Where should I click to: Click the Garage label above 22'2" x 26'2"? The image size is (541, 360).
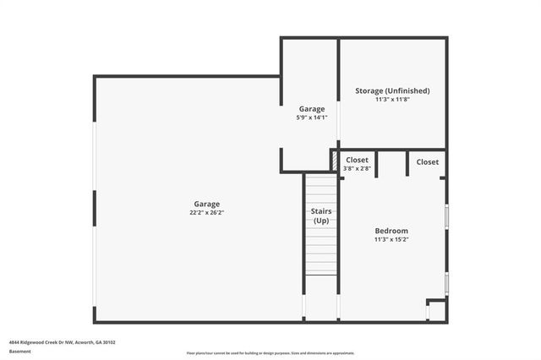tap(207, 204)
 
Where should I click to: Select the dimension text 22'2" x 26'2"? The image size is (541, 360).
tap(207, 213)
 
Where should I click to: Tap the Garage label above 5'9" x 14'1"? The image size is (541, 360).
tap(312, 108)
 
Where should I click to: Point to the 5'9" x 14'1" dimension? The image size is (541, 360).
tap(312, 117)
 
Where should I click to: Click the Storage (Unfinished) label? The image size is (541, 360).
tap(392, 90)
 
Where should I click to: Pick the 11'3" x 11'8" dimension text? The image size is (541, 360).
tap(392, 100)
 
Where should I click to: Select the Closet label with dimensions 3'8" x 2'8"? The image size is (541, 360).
tap(357, 160)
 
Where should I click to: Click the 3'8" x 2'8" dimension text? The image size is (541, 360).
tap(357, 168)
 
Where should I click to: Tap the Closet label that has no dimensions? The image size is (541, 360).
tap(427, 161)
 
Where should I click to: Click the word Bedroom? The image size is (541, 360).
tap(391, 231)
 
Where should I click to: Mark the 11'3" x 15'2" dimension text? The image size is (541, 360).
tap(391, 240)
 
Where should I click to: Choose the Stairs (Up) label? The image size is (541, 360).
tap(321, 215)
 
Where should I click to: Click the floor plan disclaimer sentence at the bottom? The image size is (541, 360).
tap(270, 353)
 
